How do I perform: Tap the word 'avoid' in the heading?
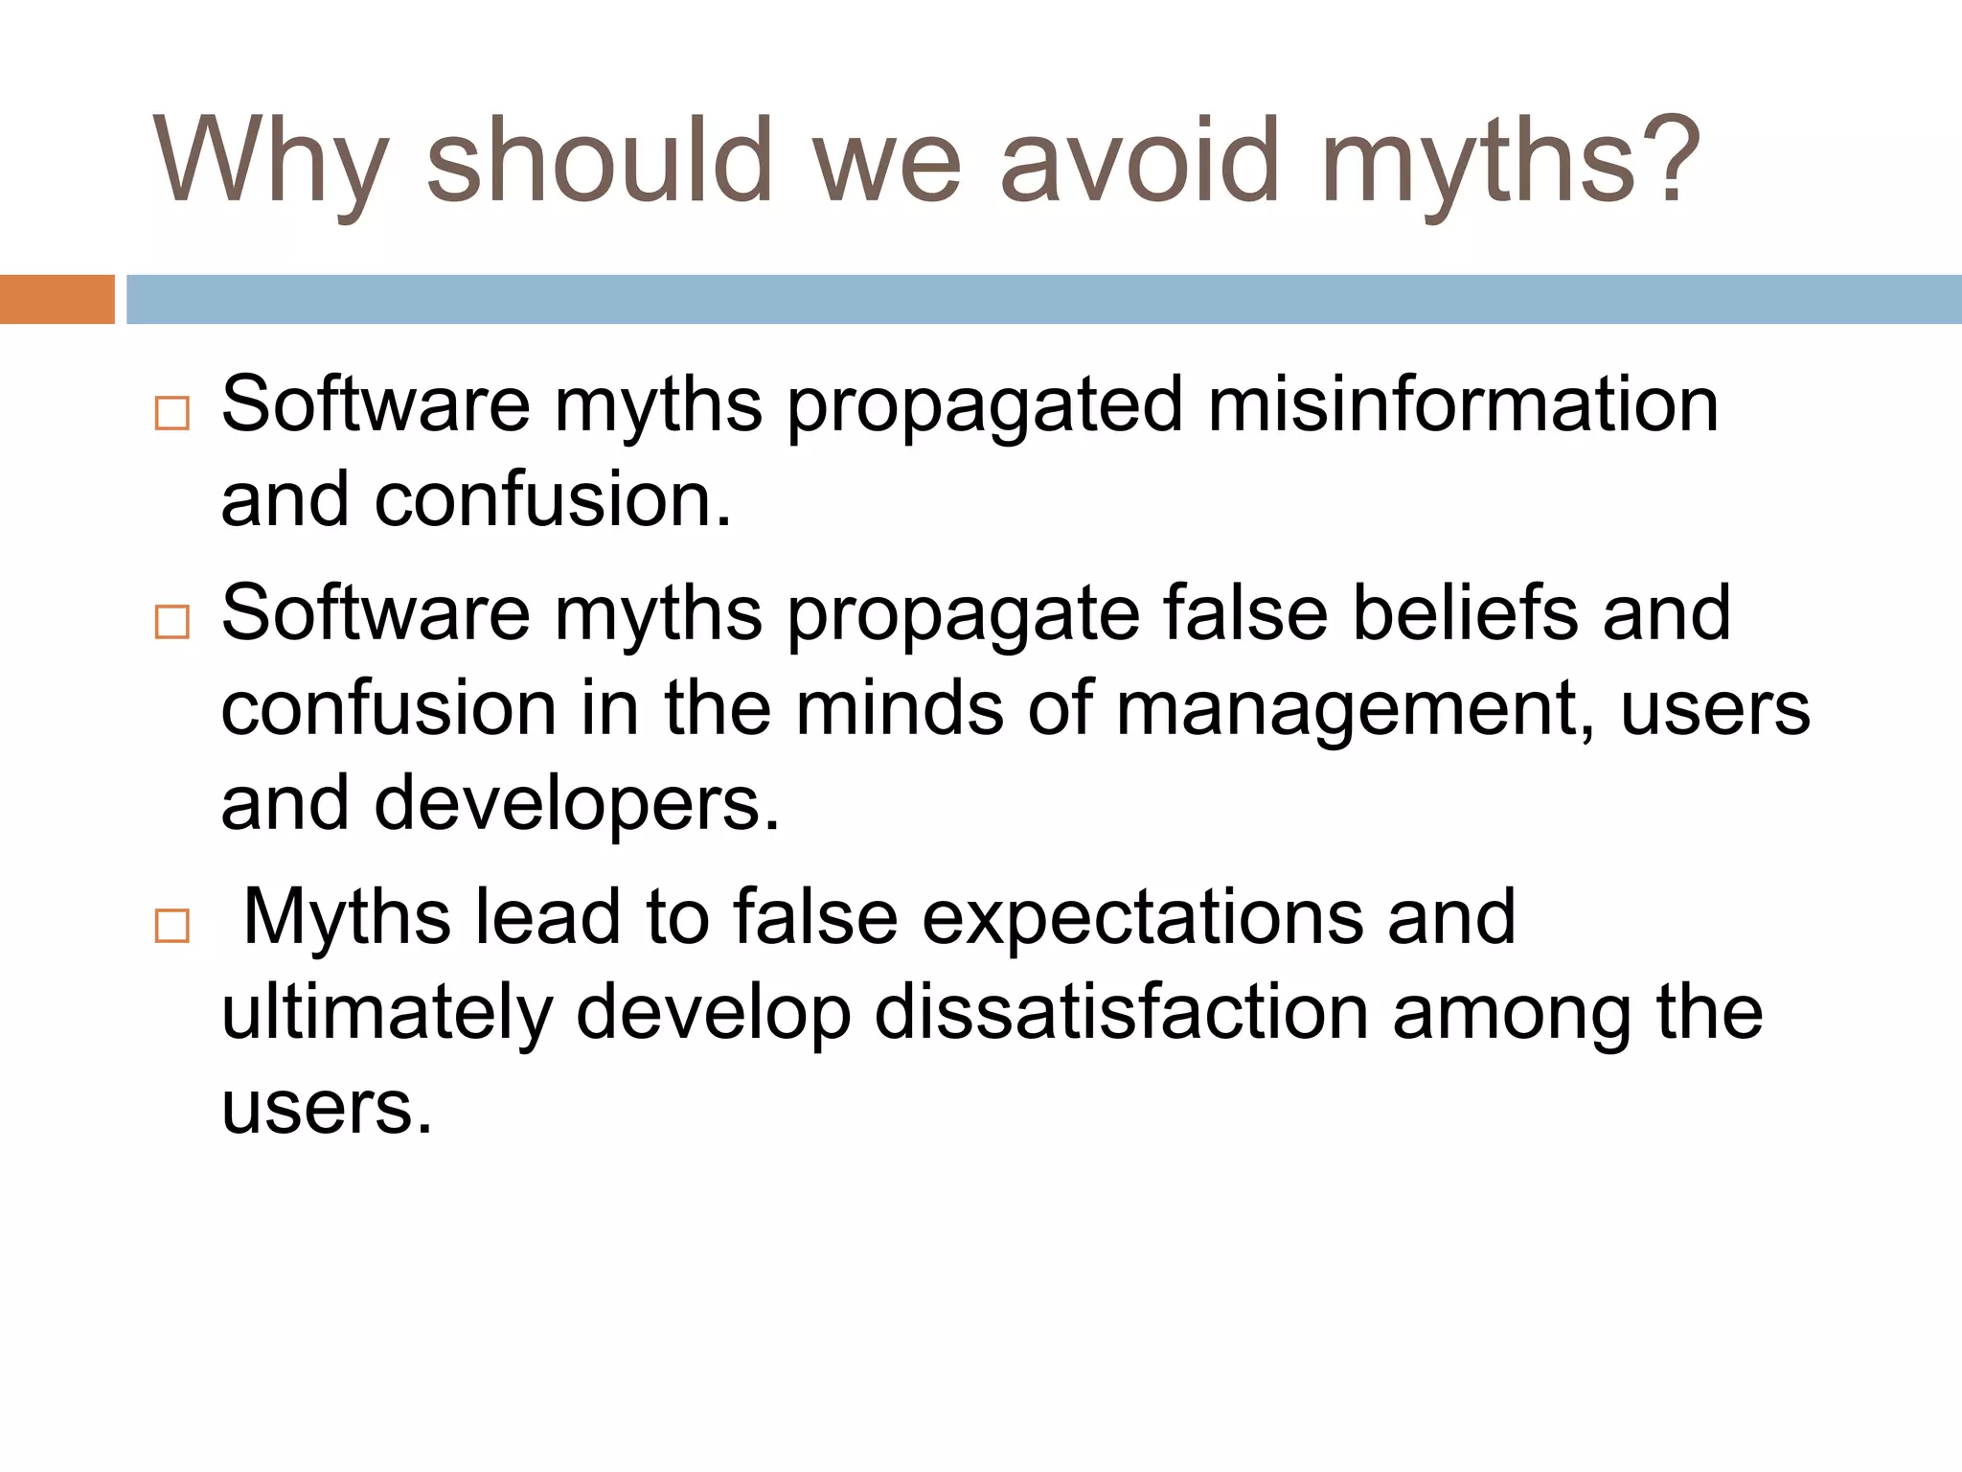[x=1139, y=161]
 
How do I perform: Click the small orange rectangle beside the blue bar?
[x=57, y=299]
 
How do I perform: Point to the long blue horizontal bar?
[x=1043, y=299]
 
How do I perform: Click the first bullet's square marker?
[x=172, y=413]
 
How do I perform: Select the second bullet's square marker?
[x=172, y=622]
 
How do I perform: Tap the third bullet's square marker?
[x=172, y=926]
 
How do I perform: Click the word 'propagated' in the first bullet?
[x=985, y=407]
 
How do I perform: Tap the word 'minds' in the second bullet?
[x=899, y=709]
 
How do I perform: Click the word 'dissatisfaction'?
[x=1121, y=1014]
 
